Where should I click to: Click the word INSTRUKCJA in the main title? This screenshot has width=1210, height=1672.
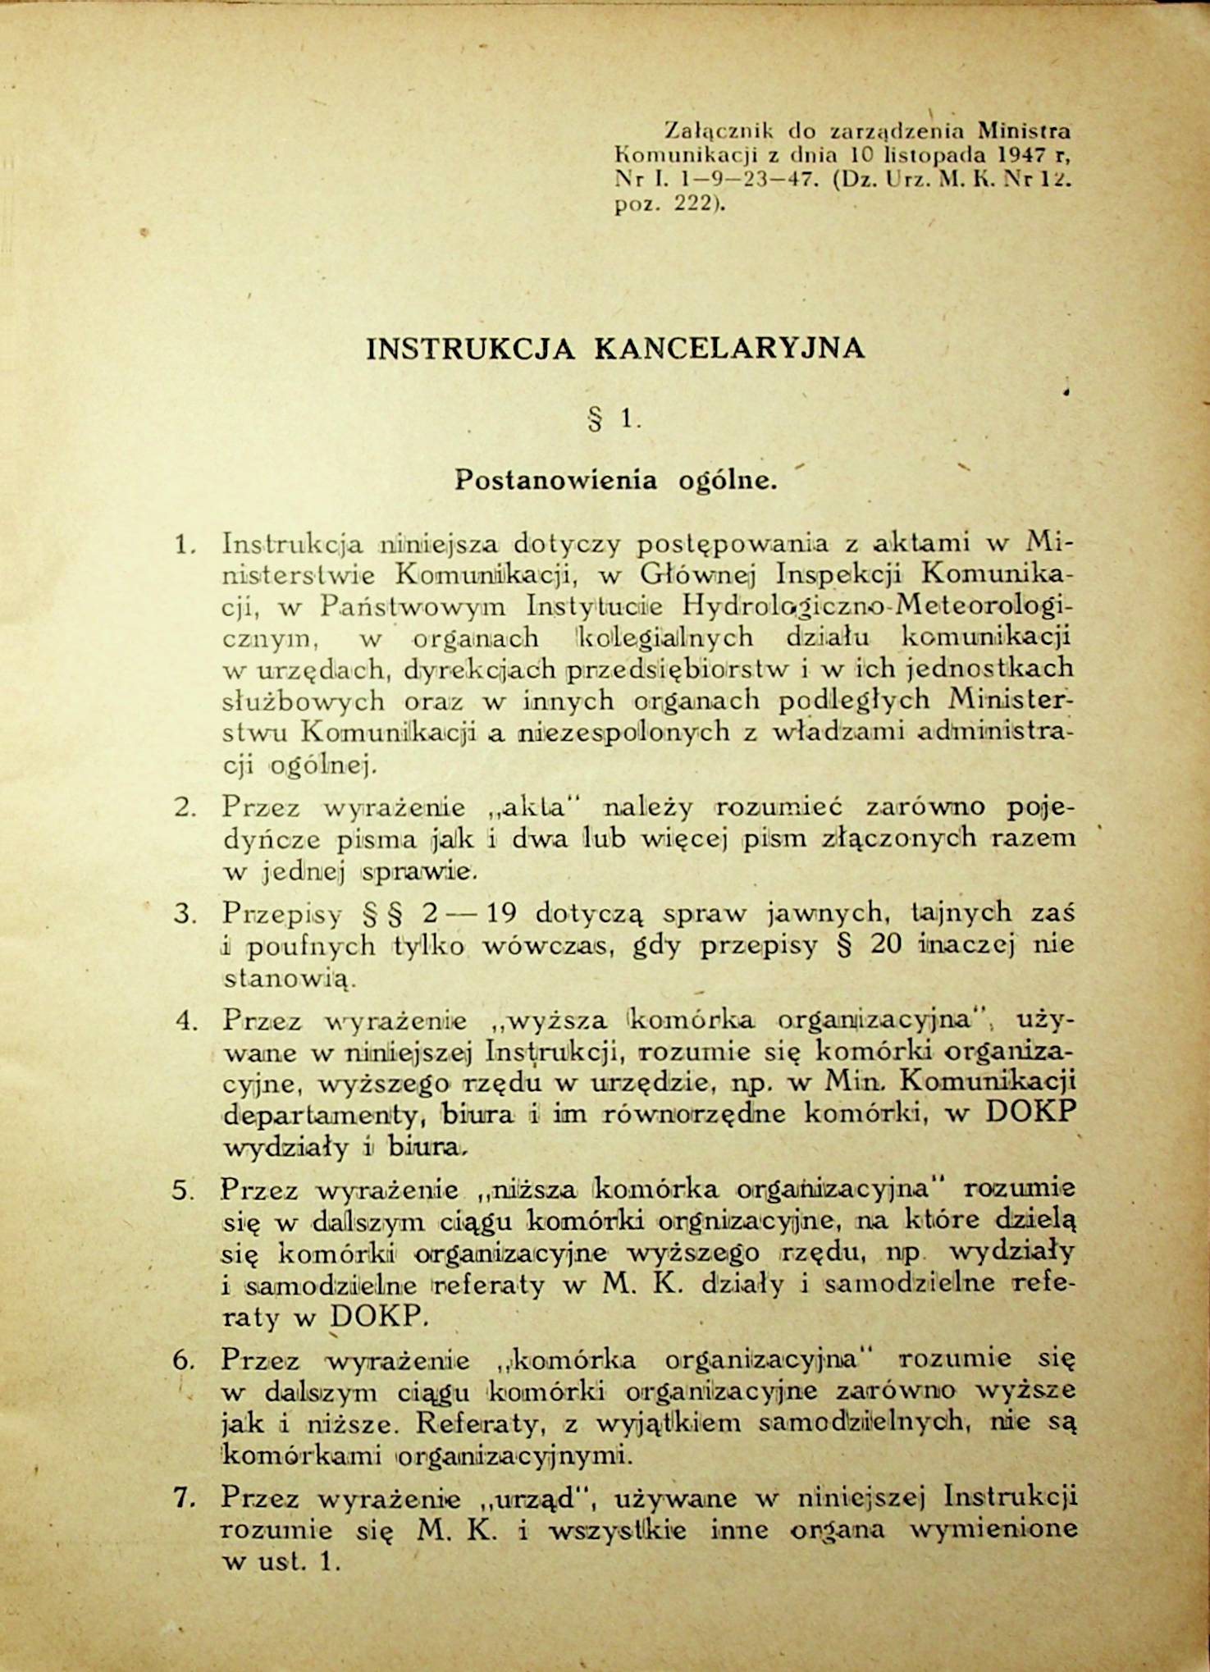(x=471, y=349)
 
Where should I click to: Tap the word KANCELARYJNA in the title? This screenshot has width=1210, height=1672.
(x=729, y=349)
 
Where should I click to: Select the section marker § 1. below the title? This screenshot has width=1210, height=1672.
(x=613, y=421)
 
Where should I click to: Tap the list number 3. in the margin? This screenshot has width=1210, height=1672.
(x=184, y=913)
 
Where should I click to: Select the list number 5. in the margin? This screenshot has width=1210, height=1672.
(x=184, y=1190)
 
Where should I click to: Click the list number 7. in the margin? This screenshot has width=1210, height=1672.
(x=184, y=1498)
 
